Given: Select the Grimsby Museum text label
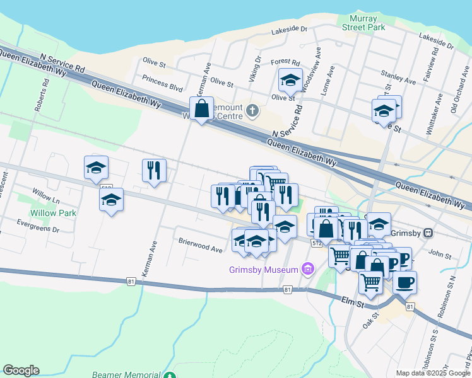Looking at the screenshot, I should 263,270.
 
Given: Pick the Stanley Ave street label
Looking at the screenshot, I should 398,81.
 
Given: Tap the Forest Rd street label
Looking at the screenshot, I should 285,62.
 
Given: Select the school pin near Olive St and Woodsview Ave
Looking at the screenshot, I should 290,80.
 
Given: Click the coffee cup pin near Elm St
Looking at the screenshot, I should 404,282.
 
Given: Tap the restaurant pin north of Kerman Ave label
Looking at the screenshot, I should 154,170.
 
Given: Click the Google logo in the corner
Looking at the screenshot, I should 21,370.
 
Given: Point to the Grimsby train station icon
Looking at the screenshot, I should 428,232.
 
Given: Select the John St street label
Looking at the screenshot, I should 436,254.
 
